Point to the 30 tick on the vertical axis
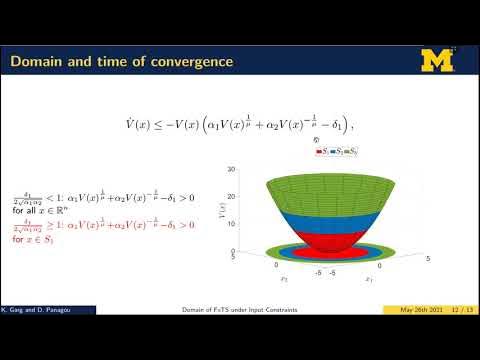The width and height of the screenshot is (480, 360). tap(232, 170)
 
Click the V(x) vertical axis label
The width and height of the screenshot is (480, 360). tap(221, 209)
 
